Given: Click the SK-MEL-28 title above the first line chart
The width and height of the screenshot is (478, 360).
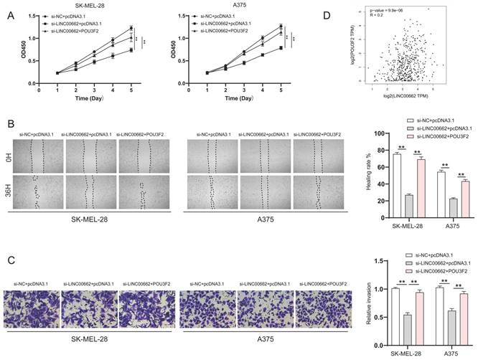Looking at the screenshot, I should tap(95, 6).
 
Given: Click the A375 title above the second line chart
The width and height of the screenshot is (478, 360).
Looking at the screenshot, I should tap(240, 6).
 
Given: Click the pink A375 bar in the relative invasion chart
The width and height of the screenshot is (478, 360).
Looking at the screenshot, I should tap(464, 316).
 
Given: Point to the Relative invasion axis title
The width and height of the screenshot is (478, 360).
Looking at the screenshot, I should tap(368, 308).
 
